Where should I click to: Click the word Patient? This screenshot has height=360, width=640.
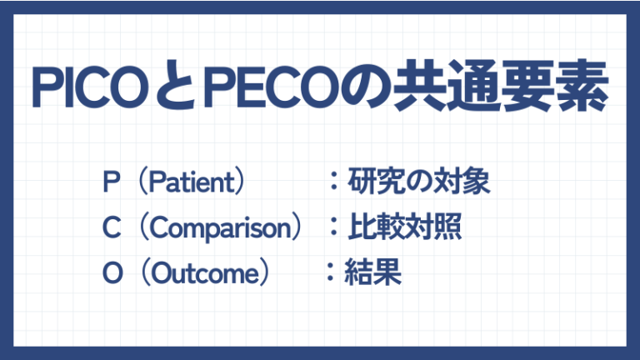[192, 182]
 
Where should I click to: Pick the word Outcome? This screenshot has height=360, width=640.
[204, 272]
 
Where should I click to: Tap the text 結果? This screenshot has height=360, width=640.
[373, 272]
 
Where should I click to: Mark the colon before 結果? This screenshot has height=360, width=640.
[331, 273]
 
